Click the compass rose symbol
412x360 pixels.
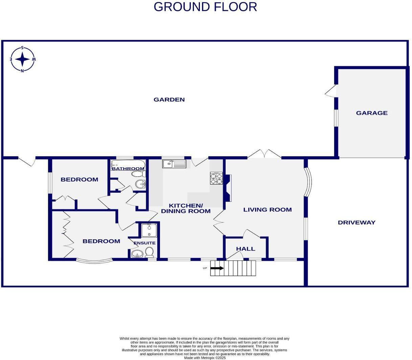tap(22, 59)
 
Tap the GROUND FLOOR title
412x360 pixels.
tap(205, 7)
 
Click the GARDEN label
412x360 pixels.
tap(169, 99)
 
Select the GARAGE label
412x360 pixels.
tap(371, 113)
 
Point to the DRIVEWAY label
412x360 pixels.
tap(357, 222)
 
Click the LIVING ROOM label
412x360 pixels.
tap(267, 210)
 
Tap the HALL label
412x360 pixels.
tap(246, 249)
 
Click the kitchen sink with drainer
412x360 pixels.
tap(174, 164)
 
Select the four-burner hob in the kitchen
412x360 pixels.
tap(216, 178)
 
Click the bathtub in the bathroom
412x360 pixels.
tap(128, 165)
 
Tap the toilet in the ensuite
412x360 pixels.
tap(149, 252)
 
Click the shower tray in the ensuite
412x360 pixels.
tap(149, 230)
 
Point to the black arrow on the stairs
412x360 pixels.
tap(217, 268)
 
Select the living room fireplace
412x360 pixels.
tap(228, 188)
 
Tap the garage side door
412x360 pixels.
tap(331, 91)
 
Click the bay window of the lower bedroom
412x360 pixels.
tap(94, 261)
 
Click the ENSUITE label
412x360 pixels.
tap(144, 243)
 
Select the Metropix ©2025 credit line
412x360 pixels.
tap(205, 358)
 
